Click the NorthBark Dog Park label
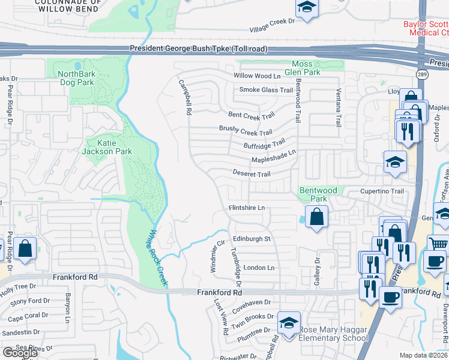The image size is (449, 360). pyautogui.click(x=76, y=78)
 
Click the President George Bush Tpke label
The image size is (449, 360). pyautogui.click(x=198, y=49)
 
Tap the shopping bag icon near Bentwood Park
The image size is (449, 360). pyautogui.click(x=316, y=216)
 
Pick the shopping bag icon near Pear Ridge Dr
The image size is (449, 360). pyautogui.click(x=25, y=248)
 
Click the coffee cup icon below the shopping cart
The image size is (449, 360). pyautogui.click(x=435, y=261)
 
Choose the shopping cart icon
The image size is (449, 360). pyautogui.click(x=439, y=244)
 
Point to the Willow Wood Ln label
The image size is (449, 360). pyautogui.click(x=257, y=76)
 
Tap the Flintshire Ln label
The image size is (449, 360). pyautogui.click(x=246, y=208)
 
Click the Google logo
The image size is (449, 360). pyautogui.click(x=20, y=352)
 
